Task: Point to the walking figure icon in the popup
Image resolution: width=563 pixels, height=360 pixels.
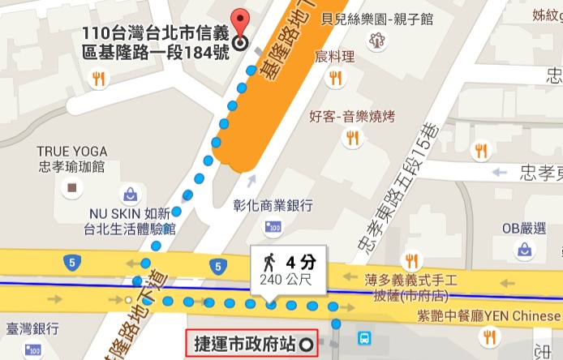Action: (269, 262)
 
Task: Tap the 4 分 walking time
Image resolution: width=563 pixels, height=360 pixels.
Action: (300, 262)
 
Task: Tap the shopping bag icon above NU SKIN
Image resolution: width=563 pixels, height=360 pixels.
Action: (130, 195)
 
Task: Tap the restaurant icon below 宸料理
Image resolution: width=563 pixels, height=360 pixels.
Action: (335, 78)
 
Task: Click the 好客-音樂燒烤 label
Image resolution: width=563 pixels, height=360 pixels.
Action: (352, 117)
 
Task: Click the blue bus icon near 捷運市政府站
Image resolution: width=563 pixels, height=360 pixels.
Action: (365, 337)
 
